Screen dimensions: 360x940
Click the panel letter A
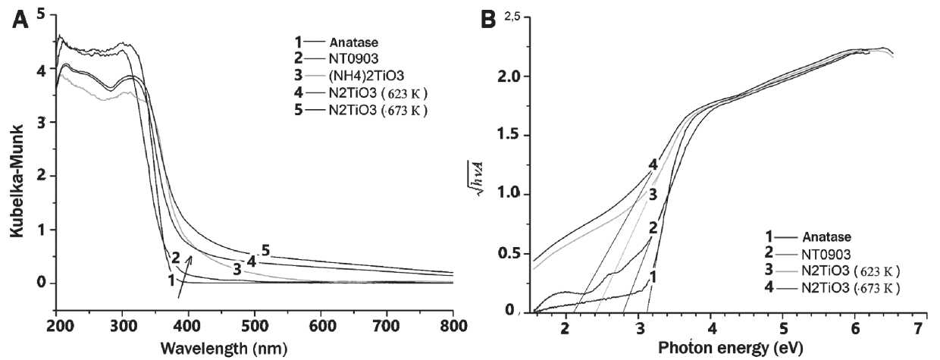coord(20,20)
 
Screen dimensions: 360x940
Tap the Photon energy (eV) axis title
coord(720,348)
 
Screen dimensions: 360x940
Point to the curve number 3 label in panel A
coord(237,269)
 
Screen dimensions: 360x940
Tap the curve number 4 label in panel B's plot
coord(652,164)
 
